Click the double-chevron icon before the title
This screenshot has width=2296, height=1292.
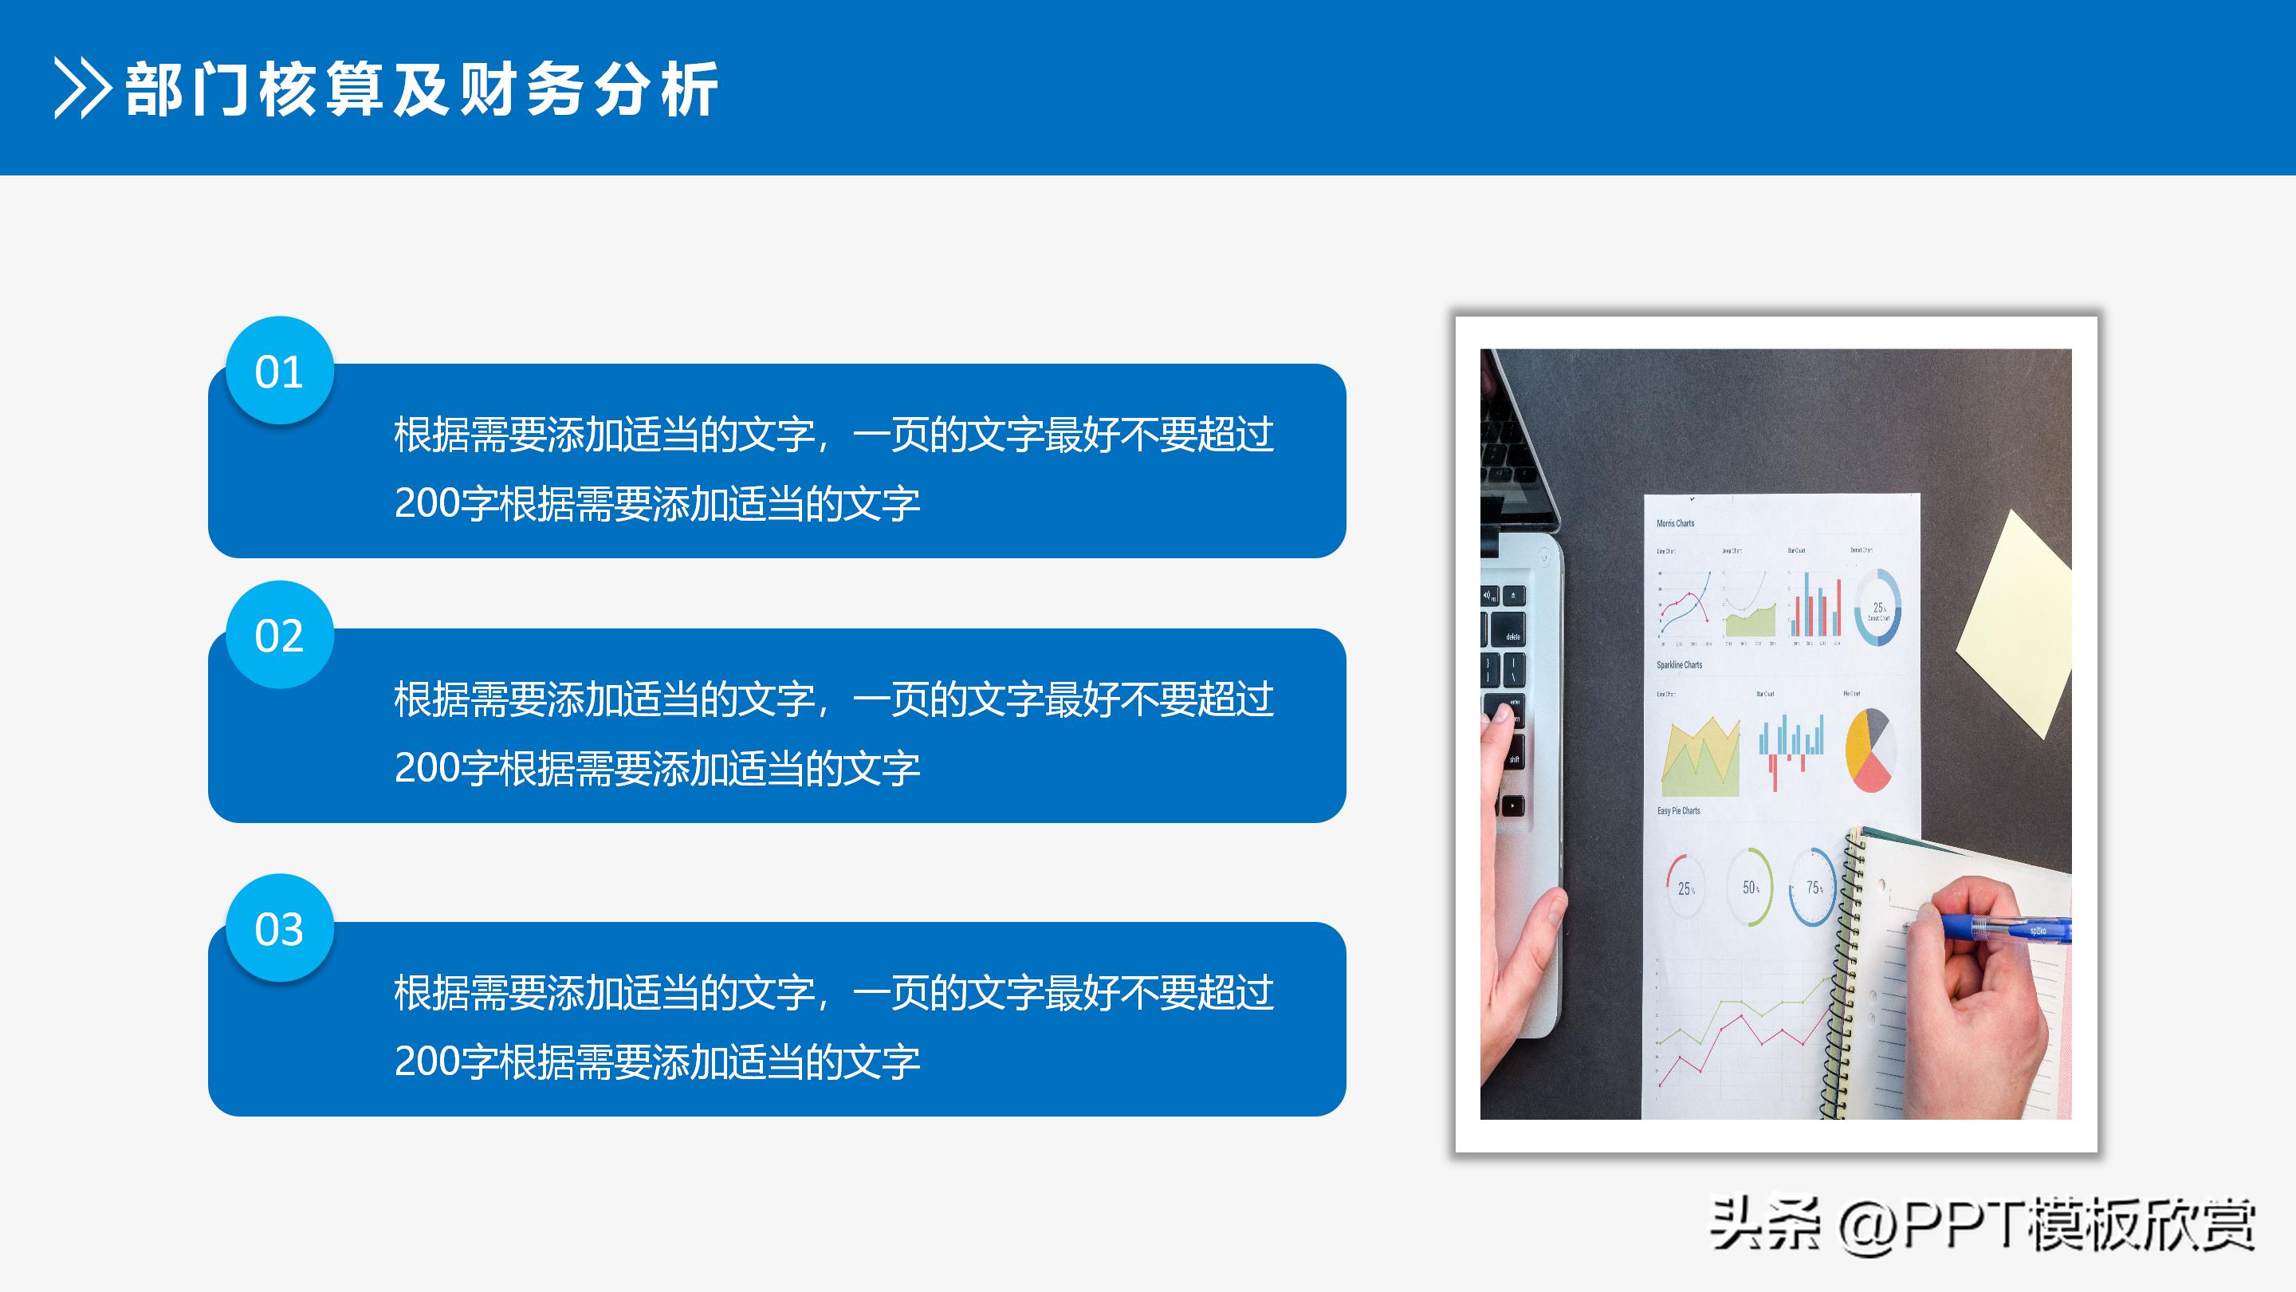pos(82,89)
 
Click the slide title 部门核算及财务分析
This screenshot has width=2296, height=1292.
pos(422,89)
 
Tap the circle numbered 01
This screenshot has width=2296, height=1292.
pos(279,371)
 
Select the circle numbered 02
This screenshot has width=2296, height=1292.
pos(279,635)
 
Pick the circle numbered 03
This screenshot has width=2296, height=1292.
pos(279,928)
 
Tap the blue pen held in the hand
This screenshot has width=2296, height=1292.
pos(2006,928)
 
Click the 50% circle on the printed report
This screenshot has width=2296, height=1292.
pos(1750,887)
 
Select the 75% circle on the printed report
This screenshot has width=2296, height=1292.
pos(1813,887)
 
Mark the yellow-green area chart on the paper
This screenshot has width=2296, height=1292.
pos(1700,761)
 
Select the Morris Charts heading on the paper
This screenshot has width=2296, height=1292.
pos(1675,523)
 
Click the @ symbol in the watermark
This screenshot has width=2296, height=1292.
pos(1867,1229)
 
